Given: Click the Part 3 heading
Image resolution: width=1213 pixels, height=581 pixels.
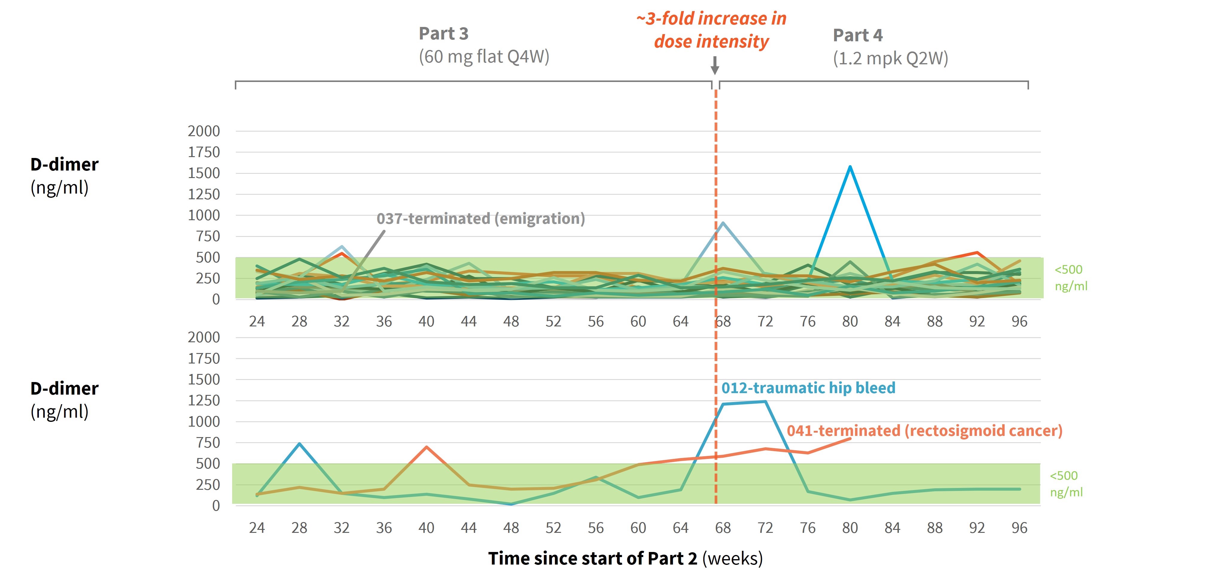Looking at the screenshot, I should pyautogui.click(x=444, y=34).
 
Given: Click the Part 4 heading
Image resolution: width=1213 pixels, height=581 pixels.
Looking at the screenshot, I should pyautogui.click(x=858, y=35).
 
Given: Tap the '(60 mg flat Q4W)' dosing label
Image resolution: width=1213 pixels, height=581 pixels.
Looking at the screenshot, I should pyautogui.click(x=484, y=57).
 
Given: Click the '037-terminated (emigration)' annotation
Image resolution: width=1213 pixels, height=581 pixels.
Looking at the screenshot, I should pyautogui.click(x=480, y=218).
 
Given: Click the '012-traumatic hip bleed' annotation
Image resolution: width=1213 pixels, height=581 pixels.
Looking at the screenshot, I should pyautogui.click(x=808, y=388).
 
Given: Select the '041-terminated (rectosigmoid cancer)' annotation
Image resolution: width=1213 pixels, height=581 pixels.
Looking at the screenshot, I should pyautogui.click(x=924, y=431).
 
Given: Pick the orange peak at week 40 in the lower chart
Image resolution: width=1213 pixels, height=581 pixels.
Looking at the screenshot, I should pyautogui.click(x=426, y=447).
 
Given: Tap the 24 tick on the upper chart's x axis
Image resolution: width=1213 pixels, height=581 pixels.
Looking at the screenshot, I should pyautogui.click(x=257, y=322).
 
